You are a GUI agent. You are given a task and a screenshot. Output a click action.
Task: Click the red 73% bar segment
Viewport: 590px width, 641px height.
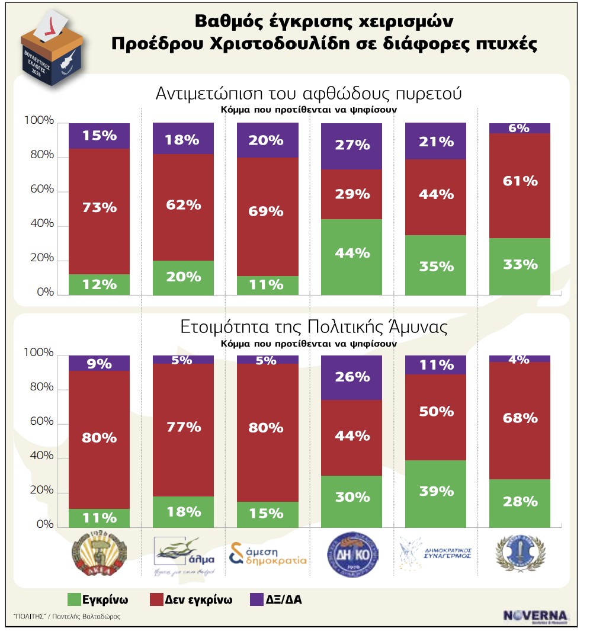pos(100,211)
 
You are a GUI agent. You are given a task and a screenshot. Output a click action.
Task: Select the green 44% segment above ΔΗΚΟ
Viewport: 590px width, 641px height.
pos(351,257)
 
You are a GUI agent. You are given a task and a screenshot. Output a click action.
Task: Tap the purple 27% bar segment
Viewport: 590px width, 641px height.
pos(351,146)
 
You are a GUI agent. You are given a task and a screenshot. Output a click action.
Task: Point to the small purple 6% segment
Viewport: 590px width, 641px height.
pos(520,128)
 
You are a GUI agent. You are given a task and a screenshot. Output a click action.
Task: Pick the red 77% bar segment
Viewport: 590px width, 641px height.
pos(183,430)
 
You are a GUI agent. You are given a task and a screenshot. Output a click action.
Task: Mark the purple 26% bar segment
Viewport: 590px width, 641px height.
pos(351,377)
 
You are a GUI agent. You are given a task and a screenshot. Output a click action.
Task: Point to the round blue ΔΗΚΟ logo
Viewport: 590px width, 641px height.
pos(351,556)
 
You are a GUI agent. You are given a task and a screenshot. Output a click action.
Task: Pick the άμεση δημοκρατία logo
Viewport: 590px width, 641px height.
pos(268,556)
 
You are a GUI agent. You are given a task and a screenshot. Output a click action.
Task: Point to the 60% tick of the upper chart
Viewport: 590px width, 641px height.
pos(39,191)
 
